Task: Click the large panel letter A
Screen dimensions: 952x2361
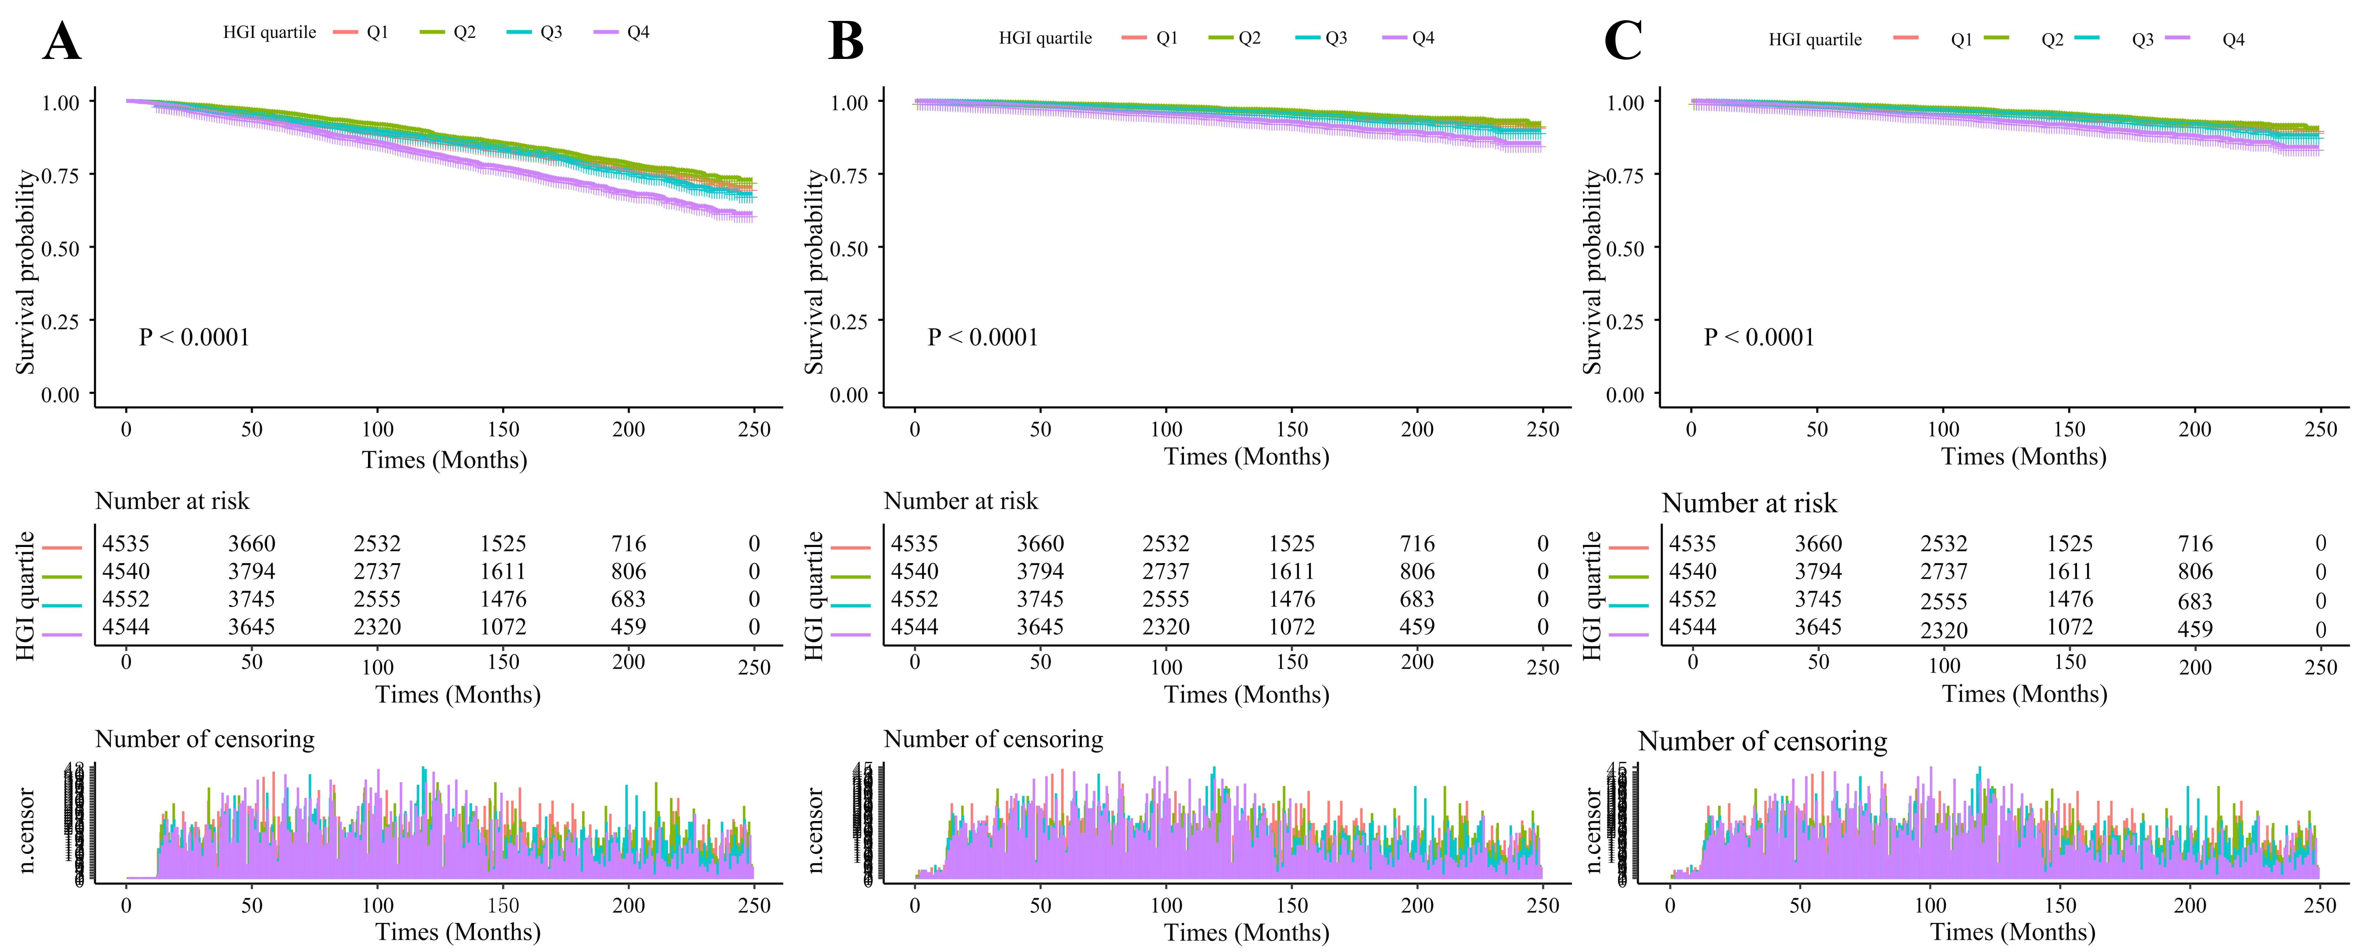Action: point(61,42)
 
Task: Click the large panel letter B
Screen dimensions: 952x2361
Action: point(845,42)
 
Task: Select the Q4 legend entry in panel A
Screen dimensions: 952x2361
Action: point(638,32)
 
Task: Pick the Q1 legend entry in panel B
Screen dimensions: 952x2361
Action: point(1167,38)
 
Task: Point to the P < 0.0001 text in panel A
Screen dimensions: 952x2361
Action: point(194,337)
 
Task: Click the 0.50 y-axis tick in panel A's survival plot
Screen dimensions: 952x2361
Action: point(60,248)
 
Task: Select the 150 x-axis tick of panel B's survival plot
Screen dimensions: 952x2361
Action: point(1291,429)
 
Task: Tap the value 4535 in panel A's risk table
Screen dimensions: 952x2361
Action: point(126,544)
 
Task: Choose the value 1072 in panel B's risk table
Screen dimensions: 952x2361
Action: point(1291,627)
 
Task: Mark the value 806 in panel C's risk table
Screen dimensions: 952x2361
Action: point(2195,572)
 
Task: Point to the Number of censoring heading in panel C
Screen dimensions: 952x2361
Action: point(1762,741)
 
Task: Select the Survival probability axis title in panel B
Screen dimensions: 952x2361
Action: point(814,272)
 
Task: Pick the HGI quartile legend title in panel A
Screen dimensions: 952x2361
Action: point(270,32)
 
